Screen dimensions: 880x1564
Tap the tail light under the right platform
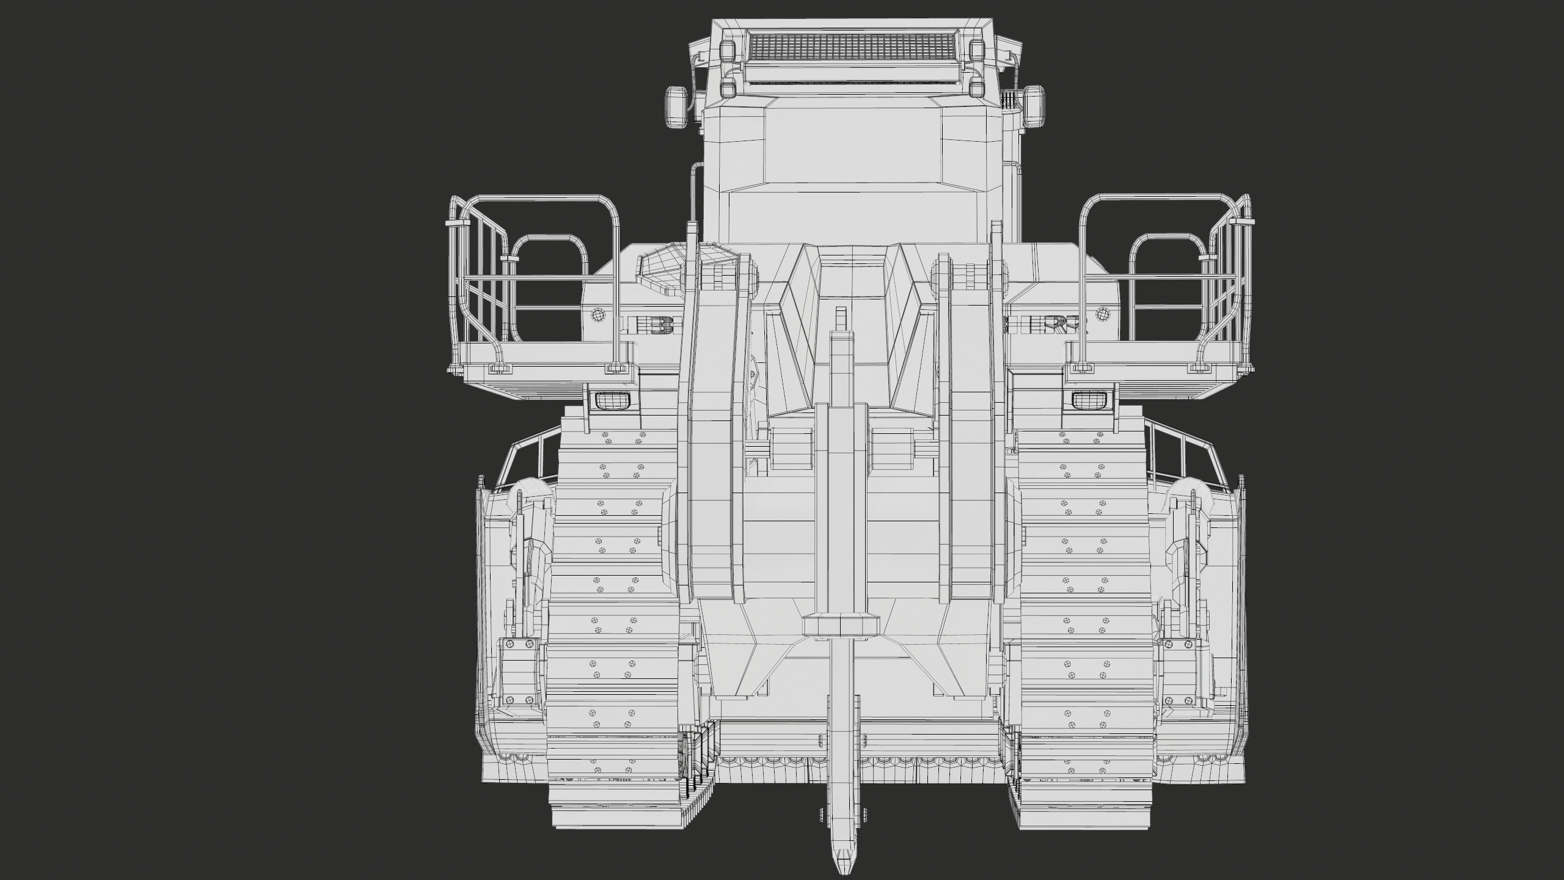1088,400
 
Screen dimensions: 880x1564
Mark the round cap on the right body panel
1103,314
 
